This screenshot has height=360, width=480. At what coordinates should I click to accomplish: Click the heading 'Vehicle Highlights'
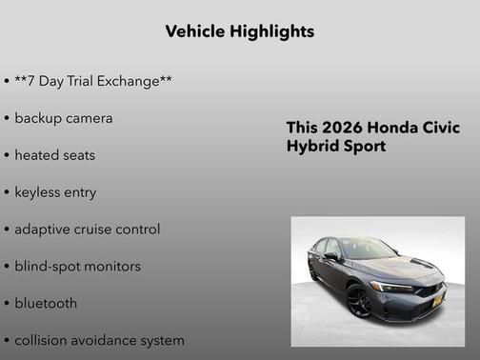click(x=240, y=31)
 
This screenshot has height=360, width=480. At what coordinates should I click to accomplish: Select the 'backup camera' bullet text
click(x=64, y=118)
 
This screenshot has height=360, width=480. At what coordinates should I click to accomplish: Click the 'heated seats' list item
click(x=54, y=154)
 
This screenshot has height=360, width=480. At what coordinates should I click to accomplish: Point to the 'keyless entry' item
click(x=55, y=191)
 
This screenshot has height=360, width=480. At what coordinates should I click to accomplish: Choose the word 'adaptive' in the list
click(x=43, y=230)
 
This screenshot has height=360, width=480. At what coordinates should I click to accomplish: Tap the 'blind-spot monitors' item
click(x=77, y=266)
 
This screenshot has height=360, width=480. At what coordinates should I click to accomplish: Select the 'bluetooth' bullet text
click(x=46, y=303)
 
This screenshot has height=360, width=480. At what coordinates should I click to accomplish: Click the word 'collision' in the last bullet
click(x=42, y=340)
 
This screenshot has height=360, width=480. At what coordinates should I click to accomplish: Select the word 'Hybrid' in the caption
click(x=310, y=147)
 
